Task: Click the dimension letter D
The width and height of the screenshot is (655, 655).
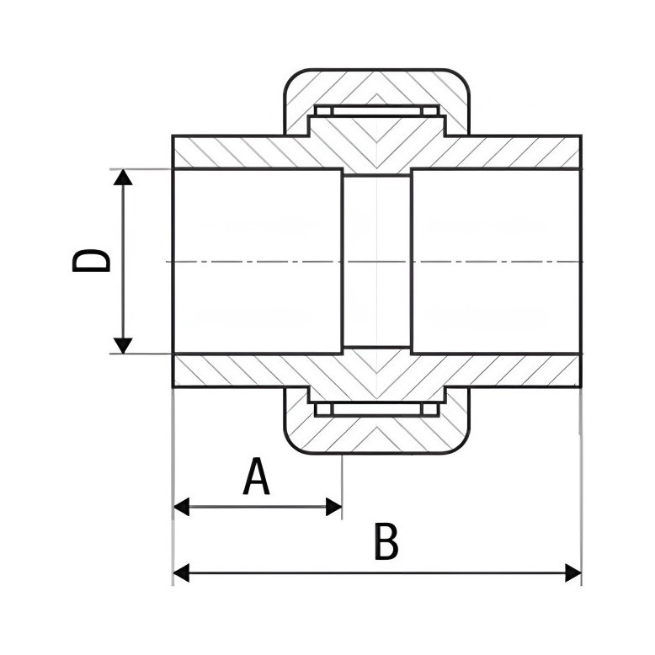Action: pyautogui.click(x=91, y=261)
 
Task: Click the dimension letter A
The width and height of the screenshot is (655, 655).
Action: pyautogui.click(x=256, y=476)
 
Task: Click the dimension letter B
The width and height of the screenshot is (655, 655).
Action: pyautogui.click(x=386, y=541)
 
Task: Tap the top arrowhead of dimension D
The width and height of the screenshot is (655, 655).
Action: pyautogui.click(x=123, y=177)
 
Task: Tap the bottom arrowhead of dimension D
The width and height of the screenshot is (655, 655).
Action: pyautogui.click(x=123, y=345)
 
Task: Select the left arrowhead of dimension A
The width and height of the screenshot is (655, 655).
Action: pyautogui.click(x=181, y=507)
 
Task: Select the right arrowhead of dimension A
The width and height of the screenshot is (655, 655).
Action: pyautogui.click(x=333, y=507)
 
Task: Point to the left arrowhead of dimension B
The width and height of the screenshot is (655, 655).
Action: pyautogui.click(x=181, y=572)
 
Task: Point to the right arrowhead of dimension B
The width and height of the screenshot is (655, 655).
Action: pyautogui.click(x=573, y=572)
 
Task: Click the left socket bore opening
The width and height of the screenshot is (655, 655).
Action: pyautogui.click(x=258, y=262)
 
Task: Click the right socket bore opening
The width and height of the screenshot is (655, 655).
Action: pyautogui.click(x=496, y=262)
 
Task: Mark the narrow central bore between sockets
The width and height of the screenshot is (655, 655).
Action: pyautogui.click(x=377, y=262)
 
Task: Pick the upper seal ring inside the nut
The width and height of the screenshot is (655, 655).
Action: pyautogui.click(x=377, y=110)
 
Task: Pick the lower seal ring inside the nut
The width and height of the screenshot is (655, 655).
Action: pyautogui.click(x=377, y=409)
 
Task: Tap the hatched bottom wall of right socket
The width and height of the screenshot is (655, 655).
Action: pyautogui.click(x=514, y=370)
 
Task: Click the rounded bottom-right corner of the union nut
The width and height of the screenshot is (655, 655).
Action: pyautogui.click(x=461, y=445)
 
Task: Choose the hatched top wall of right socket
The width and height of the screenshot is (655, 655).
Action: pyautogui.click(x=514, y=152)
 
